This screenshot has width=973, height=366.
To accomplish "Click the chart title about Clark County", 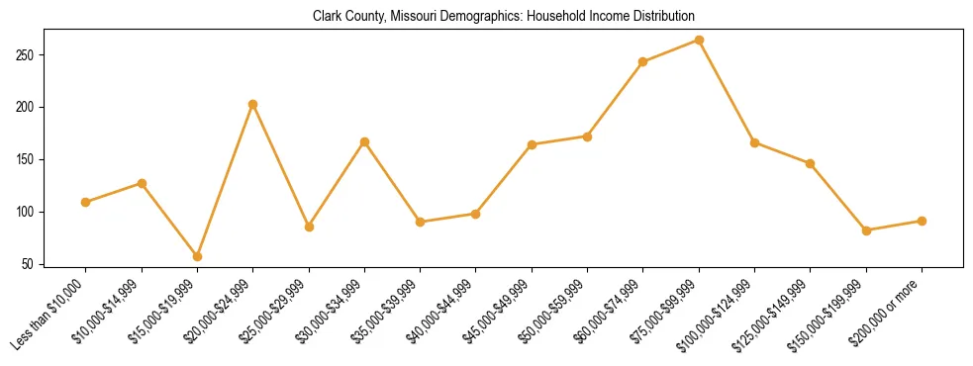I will pyautogui.click(x=504, y=17).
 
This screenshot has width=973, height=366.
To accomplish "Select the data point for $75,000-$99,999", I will pyautogui.click(x=699, y=41).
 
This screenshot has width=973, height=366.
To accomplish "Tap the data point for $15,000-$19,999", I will pyautogui.click(x=197, y=256).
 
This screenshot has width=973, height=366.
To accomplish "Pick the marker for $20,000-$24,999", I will pyautogui.click(x=253, y=104).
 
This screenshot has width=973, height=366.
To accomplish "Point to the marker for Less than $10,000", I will pyautogui.click(x=86, y=202).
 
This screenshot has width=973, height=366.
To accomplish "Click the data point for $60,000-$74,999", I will pyautogui.click(x=643, y=61).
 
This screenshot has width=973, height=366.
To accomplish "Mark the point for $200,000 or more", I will pyautogui.click(x=922, y=221).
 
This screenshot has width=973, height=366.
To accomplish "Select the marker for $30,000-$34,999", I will pyautogui.click(x=364, y=141).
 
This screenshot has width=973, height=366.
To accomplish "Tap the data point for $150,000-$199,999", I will pyautogui.click(x=866, y=230).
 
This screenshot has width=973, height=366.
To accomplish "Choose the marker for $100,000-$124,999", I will pyautogui.click(x=754, y=142).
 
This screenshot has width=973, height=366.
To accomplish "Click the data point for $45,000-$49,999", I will pyautogui.click(x=532, y=144).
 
